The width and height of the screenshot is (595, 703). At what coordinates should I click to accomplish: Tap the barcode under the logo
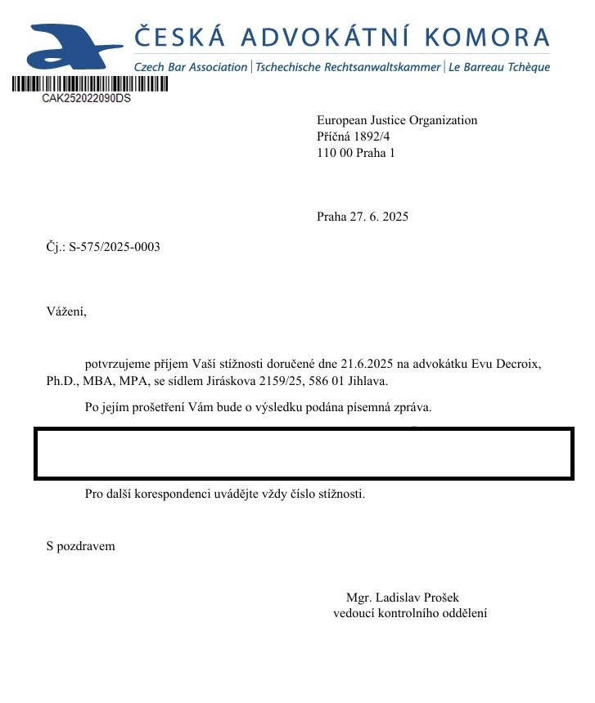tap(90, 83)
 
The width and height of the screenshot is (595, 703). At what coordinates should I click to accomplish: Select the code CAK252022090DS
tap(86, 98)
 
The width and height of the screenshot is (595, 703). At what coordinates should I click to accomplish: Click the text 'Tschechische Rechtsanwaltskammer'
tap(348, 67)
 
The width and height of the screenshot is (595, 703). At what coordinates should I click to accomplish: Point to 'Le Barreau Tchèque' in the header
tap(498, 67)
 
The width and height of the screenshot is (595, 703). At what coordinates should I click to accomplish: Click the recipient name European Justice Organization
tap(396, 120)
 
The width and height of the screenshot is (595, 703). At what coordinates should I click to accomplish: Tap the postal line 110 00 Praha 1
tap(356, 153)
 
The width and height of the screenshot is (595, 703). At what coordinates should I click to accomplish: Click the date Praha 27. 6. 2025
tap(362, 217)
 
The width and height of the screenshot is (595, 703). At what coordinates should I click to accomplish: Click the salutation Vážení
tap(66, 311)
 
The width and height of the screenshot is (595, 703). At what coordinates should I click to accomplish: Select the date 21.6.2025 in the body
tap(350, 362)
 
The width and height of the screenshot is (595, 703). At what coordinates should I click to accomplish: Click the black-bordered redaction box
tap(303, 453)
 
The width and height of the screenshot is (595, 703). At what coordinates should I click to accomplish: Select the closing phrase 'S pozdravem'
tap(81, 546)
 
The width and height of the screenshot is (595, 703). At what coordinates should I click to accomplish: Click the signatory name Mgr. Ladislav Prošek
tap(408, 598)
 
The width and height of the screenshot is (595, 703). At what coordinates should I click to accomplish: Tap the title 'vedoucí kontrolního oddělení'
tap(410, 613)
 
